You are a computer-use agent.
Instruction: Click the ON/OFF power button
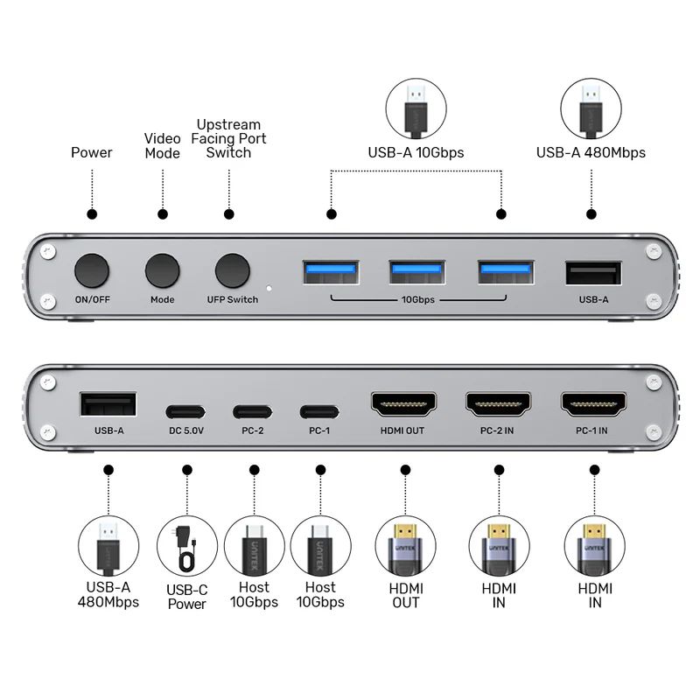pyautogui.click(x=92, y=270)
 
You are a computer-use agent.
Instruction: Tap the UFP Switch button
pyautogui.click(x=232, y=270)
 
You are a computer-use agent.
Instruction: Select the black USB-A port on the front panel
pyautogui.click(x=593, y=273)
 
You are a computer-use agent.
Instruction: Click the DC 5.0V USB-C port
pyautogui.click(x=185, y=409)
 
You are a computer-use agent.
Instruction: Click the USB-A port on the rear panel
pyautogui.click(x=108, y=404)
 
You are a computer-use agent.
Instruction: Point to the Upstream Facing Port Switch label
pyautogui.click(x=228, y=139)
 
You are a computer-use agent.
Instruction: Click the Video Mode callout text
pyautogui.click(x=162, y=145)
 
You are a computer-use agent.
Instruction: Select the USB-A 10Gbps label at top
pyautogui.click(x=416, y=152)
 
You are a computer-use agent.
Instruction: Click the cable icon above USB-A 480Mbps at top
pyautogui.click(x=591, y=108)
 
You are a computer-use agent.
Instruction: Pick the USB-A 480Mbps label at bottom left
pyautogui.click(x=108, y=594)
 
